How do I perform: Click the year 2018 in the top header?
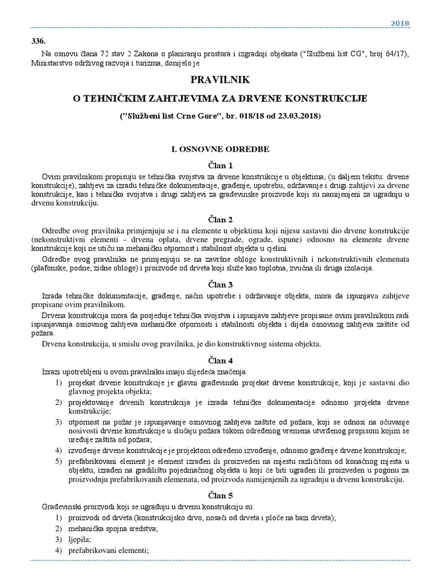pos(400,23)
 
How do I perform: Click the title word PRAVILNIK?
pos(220,80)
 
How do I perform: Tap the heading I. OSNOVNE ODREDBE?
pos(220,149)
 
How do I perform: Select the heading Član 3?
pos(220,284)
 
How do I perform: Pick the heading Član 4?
pos(220,361)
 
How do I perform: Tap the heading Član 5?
pos(220,495)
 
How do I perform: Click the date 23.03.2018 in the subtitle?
pos(293,116)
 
